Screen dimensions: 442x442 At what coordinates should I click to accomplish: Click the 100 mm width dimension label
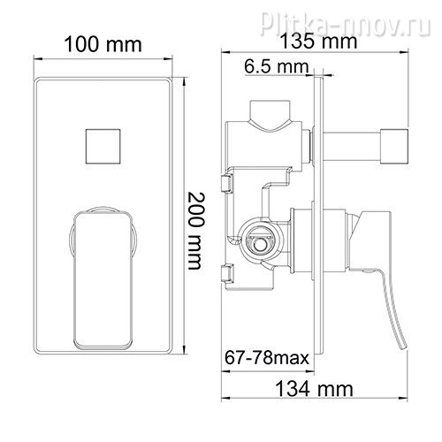tap(103, 45)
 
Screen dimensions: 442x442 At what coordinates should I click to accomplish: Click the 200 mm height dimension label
tap(195, 231)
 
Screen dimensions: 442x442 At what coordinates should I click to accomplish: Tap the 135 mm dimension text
tap(318, 42)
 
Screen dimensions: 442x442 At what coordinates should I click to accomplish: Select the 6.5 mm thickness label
tap(276, 66)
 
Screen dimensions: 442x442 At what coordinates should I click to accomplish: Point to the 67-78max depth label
tap(267, 358)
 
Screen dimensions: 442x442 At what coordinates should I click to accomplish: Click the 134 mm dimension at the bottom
tap(314, 389)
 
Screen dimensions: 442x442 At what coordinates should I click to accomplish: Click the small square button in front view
tap(103, 146)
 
